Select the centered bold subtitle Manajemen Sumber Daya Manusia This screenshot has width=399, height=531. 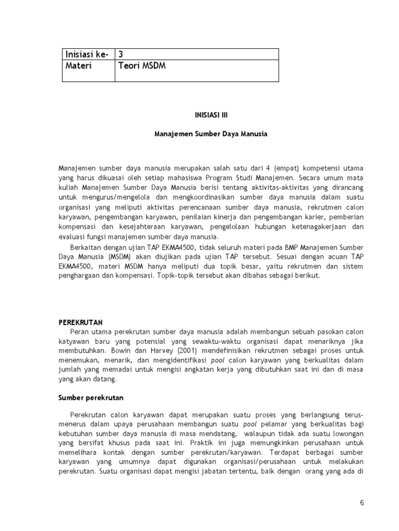pos(210,133)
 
